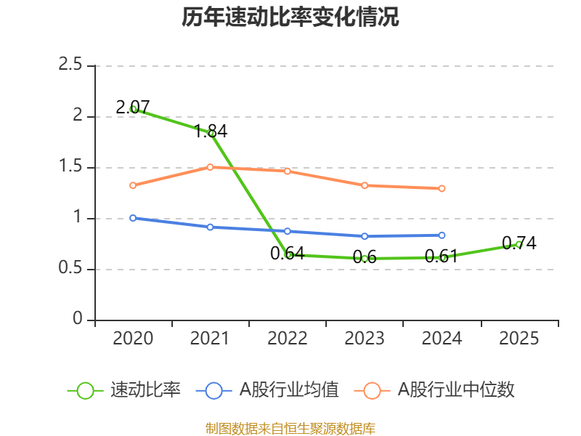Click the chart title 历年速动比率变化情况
pyautogui.click(x=290, y=17)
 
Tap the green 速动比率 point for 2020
pyautogui.click(x=133, y=109)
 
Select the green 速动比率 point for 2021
pyautogui.click(x=211, y=133)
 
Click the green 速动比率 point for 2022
pyautogui.click(x=288, y=255)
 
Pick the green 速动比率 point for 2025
pyautogui.click(x=519, y=244)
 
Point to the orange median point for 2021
pyautogui.click(x=211, y=167)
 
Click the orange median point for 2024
pyautogui.click(x=442, y=188)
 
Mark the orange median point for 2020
pyautogui.click(x=133, y=185)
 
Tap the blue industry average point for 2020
pyautogui.click(x=133, y=218)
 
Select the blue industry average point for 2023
pyautogui.click(x=365, y=236)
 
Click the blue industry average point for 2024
pyautogui.click(x=442, y=235)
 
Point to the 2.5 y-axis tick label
pyautogui.click(x=71, y=65)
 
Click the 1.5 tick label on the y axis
pyautogui.click(x=71, y=167)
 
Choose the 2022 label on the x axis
pyautogui.click(x=288, y=339)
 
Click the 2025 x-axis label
pyautogui.click(x=519, y=339)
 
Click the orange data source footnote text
pyautogui.click(x=290, y=428)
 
